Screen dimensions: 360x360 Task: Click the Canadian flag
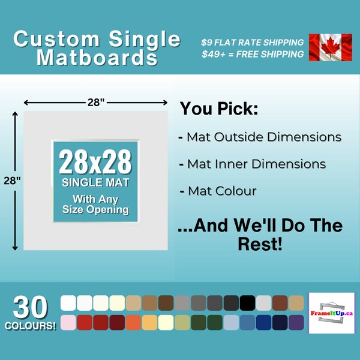pos(330,47)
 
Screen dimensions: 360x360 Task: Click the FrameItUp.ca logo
pos(331,313)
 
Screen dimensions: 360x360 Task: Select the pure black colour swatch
pos(247,303)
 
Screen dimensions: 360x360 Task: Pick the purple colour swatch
pos(296,322)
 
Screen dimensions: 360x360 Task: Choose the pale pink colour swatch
pos(68,322)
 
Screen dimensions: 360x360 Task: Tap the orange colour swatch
pos(133,322)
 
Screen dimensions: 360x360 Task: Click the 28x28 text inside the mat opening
pos(96,163)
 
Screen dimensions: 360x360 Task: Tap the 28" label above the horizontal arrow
pos(95,102)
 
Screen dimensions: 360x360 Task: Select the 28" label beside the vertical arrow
pos(11,181)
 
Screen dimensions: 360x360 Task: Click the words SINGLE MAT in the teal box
pos(96,182)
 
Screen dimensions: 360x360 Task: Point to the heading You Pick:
pos(219,109)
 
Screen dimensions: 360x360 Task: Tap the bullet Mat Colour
pos(218,191)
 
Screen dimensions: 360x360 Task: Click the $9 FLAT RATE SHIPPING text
pos(252,43)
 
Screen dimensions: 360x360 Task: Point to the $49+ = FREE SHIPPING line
pos(252,55)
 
